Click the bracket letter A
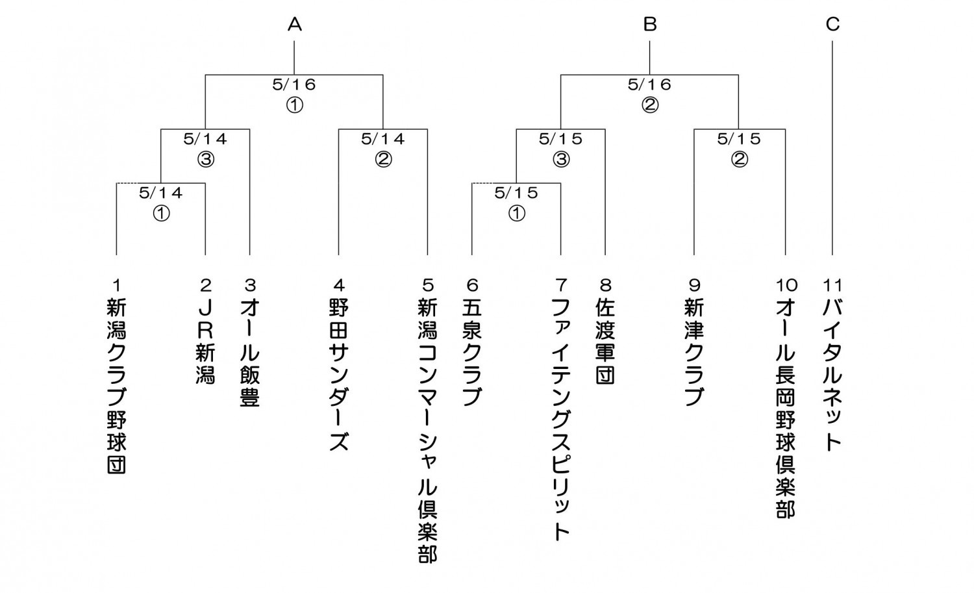pos(294,25)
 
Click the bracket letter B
pos(649,25)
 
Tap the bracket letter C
pos(832,25)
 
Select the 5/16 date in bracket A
pos(294,84)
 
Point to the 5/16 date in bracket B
pos(649,84)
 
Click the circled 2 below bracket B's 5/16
pos(650,105)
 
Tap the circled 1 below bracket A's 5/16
pos(294,105)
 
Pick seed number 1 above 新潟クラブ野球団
pos(116,285)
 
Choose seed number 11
pos(832,285)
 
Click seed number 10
pos(786,285)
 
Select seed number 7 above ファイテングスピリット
pos(561,285)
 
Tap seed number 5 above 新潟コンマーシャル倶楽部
pos(428,285)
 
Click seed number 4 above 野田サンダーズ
pos(339,285)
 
